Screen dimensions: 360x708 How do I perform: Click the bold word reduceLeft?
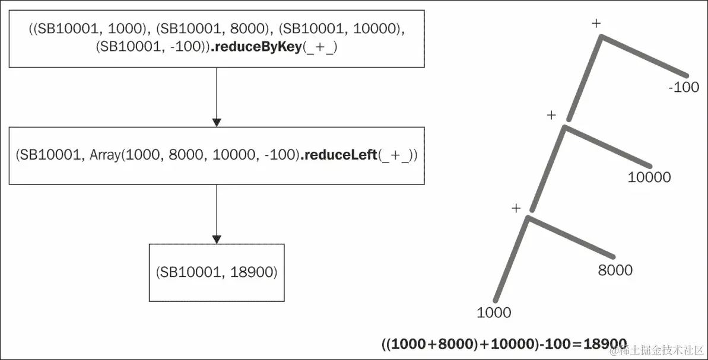coord(339,155)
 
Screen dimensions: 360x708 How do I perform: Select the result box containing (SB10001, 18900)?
coord(217,272)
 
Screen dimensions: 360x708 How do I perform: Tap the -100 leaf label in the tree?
coord(684,88)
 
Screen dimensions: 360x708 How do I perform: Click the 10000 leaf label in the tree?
coord(649,177)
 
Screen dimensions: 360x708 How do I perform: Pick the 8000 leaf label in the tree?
coord(615,270)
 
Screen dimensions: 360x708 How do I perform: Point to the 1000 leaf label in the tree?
coord(494,312)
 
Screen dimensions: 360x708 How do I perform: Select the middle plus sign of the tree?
coord(551,114)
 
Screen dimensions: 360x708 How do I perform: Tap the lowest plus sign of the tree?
coord(516,208)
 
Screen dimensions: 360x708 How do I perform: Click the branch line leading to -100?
coord(644,56)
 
